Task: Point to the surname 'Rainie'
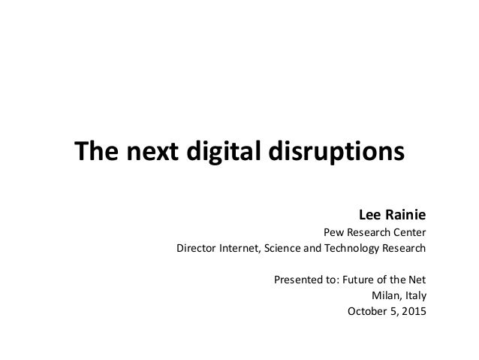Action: click(x=406, y=212)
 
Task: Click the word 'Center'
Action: click(x=408, y=231)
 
